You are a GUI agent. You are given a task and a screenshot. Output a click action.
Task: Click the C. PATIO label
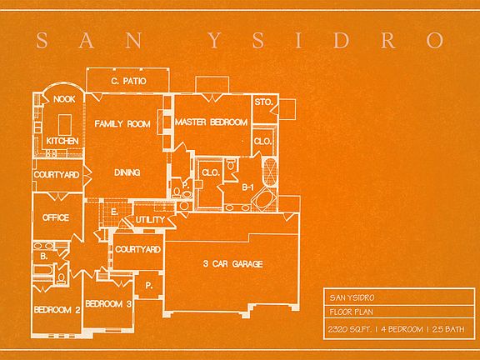coord(128,81)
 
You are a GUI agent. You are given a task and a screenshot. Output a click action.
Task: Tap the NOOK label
coord(64,99)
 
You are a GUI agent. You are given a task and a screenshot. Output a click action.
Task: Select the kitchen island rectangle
coord(65,125)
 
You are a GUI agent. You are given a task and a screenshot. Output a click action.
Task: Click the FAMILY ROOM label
coord(122,123)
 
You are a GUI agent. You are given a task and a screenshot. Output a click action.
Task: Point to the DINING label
coord(127,172)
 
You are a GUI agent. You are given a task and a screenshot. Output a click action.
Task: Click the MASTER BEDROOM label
coord(211,122)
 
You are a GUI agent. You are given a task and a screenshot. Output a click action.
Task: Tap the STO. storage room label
coord(263,102)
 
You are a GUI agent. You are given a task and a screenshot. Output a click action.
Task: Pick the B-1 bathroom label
coord(247,187)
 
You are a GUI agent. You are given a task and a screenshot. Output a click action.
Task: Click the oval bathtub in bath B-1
coord(265,199)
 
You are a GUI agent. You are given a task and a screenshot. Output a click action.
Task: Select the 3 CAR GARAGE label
coord(233,263)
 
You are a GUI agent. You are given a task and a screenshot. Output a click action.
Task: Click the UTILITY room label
coord(150,219)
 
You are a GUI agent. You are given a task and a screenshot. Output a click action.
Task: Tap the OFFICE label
coord(56,217)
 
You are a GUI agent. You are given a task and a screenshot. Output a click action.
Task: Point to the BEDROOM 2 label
coord(57,310)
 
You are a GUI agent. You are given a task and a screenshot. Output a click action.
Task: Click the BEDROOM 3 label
coord(108,303)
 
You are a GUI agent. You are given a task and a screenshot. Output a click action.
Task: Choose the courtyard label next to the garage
coord(137,249)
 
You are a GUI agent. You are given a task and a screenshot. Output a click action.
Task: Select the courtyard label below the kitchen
coord(57,174)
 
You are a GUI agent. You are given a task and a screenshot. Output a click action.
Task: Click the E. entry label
coord(114,212)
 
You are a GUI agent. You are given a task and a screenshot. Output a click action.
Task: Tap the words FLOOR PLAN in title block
coord(352,312)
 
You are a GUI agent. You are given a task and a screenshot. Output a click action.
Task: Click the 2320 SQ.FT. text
coord(350,329)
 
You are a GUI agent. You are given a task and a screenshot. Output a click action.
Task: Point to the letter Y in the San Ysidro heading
coord(215,40)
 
